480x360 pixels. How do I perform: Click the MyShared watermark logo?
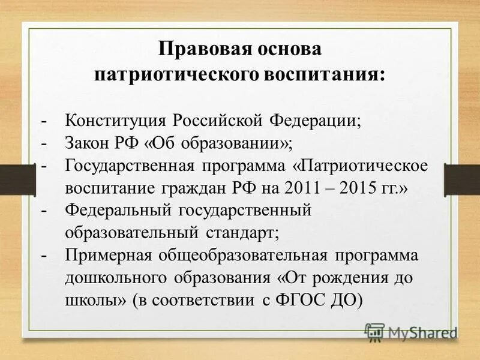[411, 331]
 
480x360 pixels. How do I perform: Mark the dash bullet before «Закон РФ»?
[44, 143]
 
